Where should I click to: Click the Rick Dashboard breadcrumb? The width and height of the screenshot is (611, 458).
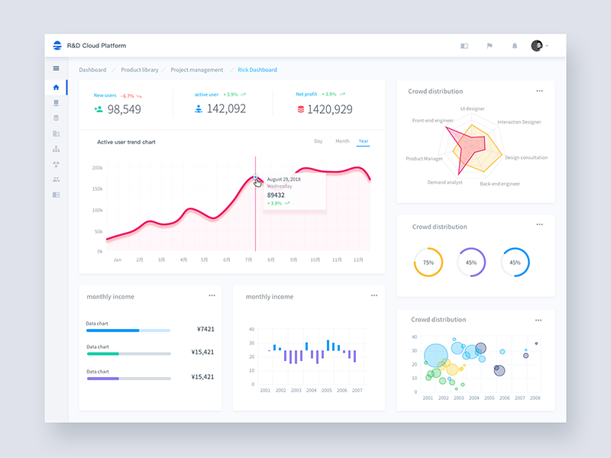pyautogui.click(x=257, y=69)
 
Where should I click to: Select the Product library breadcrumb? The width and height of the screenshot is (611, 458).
pyautogui.click(x=140, y=69)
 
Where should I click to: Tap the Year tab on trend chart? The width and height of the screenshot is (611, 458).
pyautogui.click(x=364, y=141)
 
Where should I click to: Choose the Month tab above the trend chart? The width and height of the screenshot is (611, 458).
pyautogui.click(x=342, y=141)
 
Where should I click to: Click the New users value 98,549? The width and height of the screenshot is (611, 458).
pyautogui.click(x=124, y=109)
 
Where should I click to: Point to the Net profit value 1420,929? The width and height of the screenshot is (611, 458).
pyautogui.click(x=330, y=109)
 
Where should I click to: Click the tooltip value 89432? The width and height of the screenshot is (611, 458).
pyautogui.click(x=276, y=195)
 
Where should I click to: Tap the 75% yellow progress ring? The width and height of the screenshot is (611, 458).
pyautogui.click(x=428, y=262)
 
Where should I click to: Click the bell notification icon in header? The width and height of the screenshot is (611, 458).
pyautogui.click(x=514, y=46)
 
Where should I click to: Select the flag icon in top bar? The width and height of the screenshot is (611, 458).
pyautogui.click(x=490, y=46)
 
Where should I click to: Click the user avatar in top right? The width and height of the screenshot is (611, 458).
pyautogui.click(x=537, y=46)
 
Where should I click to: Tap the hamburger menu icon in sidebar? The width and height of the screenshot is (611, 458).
pyautogui.click(x=56, y=69)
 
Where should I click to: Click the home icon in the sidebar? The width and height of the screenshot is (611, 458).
pyautogui.click(x=56, y=87)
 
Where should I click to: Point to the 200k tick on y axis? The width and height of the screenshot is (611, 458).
pyautogui.click(x=97, y=168)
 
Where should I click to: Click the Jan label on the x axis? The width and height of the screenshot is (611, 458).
pyautogui.click(x=118, y=260)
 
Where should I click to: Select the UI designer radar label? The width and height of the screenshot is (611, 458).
pyautogui.click(x=472, y=109)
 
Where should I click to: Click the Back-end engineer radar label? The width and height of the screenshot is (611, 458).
pyautogui.click(x=499, y=184)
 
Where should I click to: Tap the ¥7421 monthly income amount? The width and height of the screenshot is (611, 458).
pyautogui.click(x=205, y=329)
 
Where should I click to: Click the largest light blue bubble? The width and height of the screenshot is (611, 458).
pyautogui.click(x=435, y=355)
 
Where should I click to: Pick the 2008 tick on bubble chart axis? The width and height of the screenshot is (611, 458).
pyautogui.click(x=535, y=398)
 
